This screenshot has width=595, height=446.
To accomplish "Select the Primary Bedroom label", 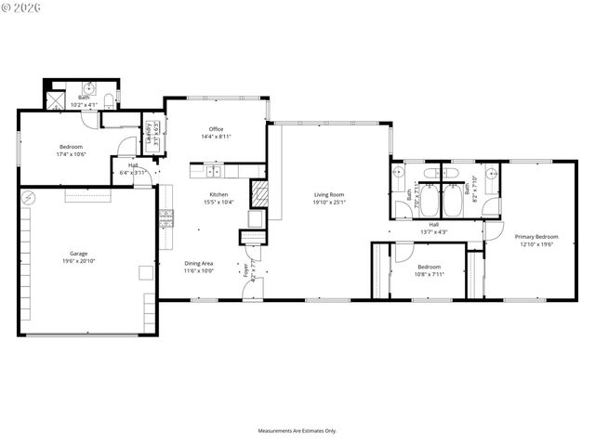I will click(x=536, y=237).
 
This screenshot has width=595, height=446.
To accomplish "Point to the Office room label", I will click(x=216, y=129).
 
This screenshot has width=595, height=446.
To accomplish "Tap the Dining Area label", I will click(x=199, y=264).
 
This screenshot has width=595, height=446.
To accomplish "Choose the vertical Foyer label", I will click(x=246, y=270).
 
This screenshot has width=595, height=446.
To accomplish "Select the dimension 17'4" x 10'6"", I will click(x=72, y=154).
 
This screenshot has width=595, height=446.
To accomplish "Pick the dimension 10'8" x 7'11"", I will click(x=429, y=274).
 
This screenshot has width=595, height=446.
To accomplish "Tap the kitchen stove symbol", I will click(x=166, y=218).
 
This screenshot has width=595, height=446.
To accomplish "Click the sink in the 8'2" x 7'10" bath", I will click(x=492, y=203).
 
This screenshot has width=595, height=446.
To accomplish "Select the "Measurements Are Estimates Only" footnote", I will click(x=297, y=430).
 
